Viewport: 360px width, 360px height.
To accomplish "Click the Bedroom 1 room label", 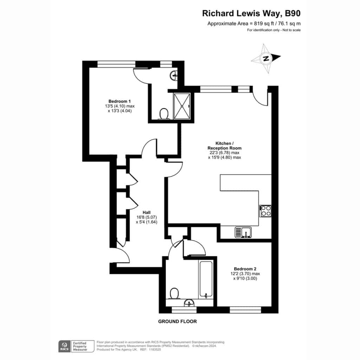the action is [120, 101].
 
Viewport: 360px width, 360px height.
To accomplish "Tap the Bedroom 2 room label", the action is [245, 269].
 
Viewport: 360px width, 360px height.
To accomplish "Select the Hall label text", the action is [147, 213].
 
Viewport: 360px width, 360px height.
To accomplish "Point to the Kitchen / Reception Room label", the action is [225, 146].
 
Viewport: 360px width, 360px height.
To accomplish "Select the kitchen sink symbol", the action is [243, 232].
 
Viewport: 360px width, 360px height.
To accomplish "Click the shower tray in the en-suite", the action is [182, 106].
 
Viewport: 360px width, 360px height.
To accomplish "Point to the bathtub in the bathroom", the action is [206, 279].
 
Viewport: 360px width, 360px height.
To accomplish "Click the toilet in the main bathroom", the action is [174, 294].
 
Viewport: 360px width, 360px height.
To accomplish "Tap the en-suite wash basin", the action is [173, 75].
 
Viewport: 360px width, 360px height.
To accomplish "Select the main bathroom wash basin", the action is [189, 303].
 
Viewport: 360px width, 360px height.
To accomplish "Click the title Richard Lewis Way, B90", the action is [251, 14].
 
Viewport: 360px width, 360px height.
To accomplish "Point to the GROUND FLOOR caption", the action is [178, 321].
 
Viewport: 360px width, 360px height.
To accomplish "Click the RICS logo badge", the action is [65, 346].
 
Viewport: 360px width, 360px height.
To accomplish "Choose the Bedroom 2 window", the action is [245, 310].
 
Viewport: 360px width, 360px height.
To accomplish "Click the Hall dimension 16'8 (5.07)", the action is [147, 217].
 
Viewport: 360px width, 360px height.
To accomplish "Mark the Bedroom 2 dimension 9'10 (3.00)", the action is [245, 278].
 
